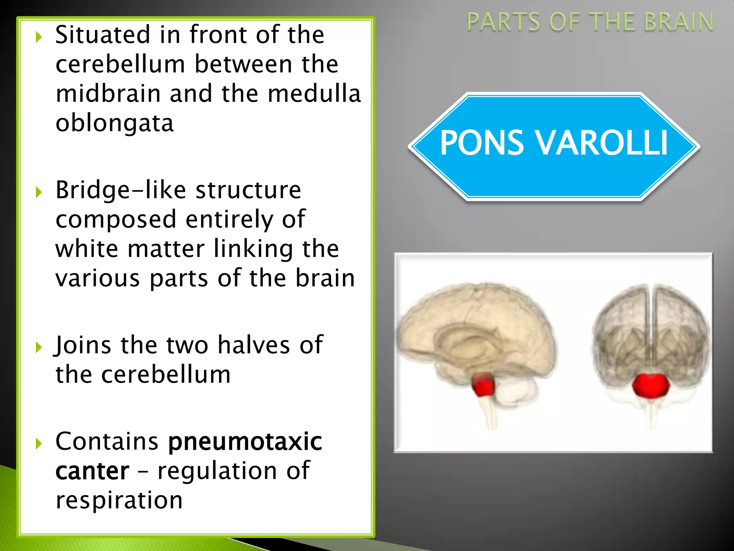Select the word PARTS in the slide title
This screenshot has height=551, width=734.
point(503,22)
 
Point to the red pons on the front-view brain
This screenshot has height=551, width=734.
point(650,386)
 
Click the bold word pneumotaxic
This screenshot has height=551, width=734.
point(245,442)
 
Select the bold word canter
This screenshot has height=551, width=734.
point(92,471)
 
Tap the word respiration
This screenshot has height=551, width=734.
point(119,500)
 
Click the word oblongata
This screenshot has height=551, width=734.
point(115,123)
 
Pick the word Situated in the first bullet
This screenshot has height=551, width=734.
point(103,35)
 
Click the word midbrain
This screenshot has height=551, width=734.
point(108,94)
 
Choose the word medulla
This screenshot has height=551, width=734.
point(314,94)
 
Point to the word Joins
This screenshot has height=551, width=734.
point(83,345)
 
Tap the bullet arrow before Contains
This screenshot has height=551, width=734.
point(39,444)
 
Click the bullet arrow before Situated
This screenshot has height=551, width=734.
point(39,37)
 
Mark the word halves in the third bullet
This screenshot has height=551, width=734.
point(254,345)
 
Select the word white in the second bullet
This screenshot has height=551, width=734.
point(87,249)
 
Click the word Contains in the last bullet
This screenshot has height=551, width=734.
point(107,442)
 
